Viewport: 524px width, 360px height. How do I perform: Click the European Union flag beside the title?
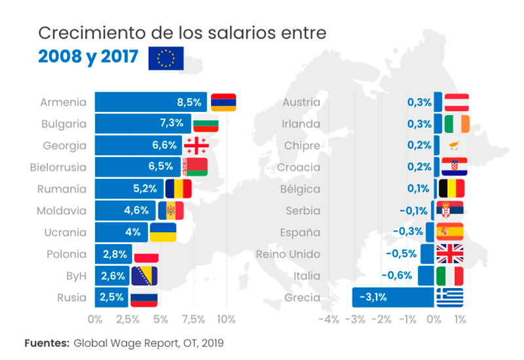click(x=166, y=58)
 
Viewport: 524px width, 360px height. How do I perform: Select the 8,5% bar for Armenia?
click(x=151, y=102)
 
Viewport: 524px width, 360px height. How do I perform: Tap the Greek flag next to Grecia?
click(x=450, y=298)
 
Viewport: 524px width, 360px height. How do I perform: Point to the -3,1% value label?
click(x=373, y=298)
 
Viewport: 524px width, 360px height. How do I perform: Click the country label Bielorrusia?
click(x=58, y=167)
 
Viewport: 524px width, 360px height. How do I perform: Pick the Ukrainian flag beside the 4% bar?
click(x=163, y=232)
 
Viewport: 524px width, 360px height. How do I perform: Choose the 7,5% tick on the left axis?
click(x=193, y=319)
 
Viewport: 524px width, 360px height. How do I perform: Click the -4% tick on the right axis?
click(x=328, y=319)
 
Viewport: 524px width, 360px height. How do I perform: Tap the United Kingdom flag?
click(x=450, y=254)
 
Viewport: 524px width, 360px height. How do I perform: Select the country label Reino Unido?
click(x=288, y=254)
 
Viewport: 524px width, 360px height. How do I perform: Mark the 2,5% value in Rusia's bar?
click(x=111, y=298)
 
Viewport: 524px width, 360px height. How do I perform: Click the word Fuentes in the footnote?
click(x=47, y=342)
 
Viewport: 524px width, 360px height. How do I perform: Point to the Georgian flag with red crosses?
click(x=196, y=145)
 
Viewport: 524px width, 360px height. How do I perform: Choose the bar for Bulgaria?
click(x=143, y=124)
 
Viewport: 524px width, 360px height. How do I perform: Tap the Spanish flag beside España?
click(x=450, y=232)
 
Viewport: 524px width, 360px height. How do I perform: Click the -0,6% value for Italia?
click(x=400, y=276)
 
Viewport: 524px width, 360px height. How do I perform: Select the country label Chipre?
click(x=302, y=145)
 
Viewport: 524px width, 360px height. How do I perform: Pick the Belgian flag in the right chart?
click(x=451, y=189)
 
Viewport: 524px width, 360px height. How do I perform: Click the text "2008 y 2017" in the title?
click(x=88, y=58)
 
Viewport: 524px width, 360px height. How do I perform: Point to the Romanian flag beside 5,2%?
click(x=178, y=189)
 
